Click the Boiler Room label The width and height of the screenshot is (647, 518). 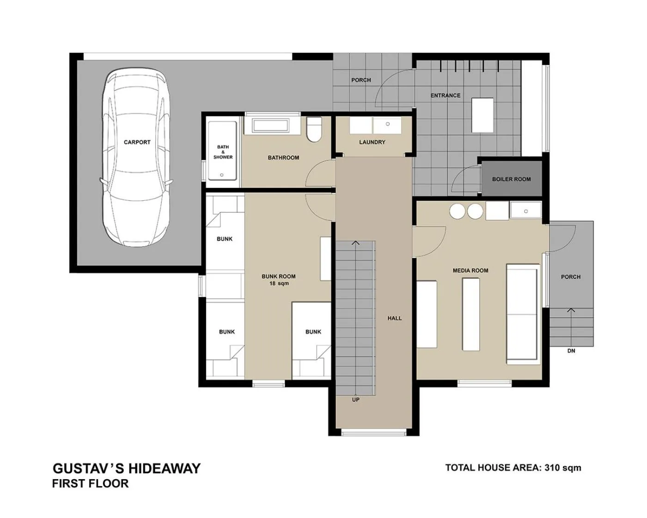511,179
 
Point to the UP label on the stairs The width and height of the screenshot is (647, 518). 355,400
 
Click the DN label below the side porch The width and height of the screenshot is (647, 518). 571,351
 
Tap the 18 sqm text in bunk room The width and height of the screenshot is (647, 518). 279,284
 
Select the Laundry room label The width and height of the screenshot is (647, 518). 372,142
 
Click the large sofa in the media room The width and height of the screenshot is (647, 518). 523,314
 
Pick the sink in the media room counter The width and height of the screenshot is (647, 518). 525,211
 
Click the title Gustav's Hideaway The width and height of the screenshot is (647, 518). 127,469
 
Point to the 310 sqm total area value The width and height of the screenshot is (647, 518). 563,468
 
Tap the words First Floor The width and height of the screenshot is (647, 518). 90,484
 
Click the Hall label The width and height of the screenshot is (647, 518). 394,318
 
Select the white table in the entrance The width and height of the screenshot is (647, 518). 482,115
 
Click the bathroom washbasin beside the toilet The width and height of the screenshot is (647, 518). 270,125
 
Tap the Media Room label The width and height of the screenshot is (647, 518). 470,271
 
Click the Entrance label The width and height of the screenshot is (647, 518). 445,95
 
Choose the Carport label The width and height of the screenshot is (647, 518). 137,142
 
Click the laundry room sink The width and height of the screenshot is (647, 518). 387,124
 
